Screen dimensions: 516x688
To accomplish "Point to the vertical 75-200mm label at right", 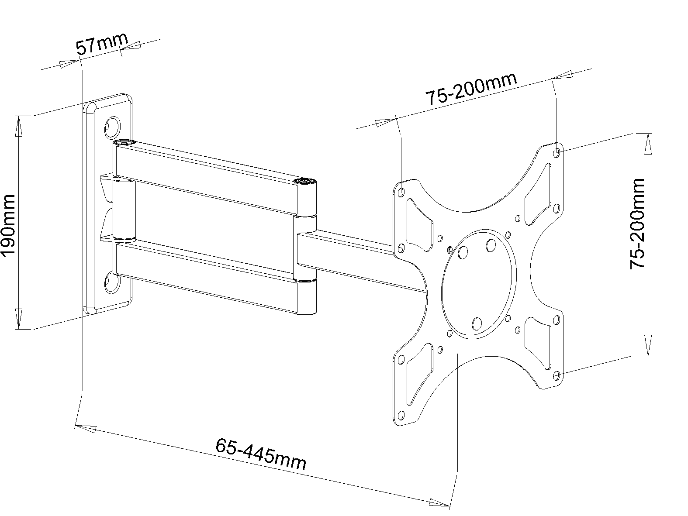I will pos(637,224).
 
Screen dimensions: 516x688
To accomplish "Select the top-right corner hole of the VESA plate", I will pos(557,152).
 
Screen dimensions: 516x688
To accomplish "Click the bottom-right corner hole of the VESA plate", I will pos(557,375).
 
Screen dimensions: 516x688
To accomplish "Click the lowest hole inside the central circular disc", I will pos(477,323).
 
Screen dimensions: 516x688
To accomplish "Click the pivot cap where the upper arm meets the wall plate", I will pos(124,142).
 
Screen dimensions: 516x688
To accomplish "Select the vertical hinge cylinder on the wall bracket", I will pos(124,210).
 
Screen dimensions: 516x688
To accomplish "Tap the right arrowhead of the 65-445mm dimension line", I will pos(439,503).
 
